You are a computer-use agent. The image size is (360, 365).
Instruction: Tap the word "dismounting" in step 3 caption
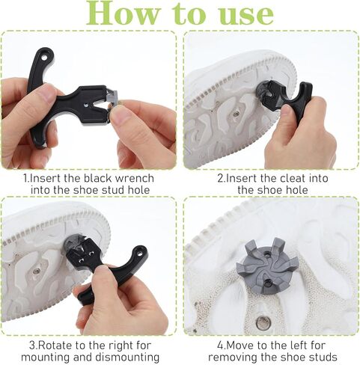127,357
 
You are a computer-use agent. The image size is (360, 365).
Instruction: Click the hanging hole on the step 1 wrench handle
44,58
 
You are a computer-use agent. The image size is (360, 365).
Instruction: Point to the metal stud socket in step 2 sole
236,114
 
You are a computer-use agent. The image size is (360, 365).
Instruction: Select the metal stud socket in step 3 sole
37,271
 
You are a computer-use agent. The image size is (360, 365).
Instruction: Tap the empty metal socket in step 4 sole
263,322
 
